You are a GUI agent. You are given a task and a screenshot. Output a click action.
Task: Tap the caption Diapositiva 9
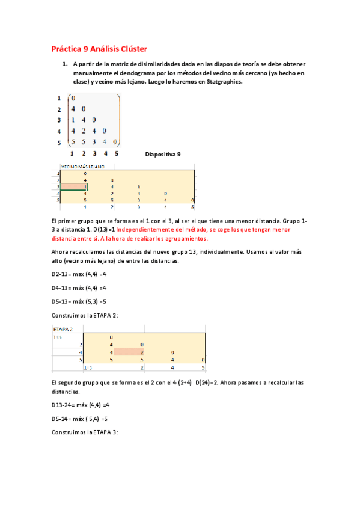tap(163, 154)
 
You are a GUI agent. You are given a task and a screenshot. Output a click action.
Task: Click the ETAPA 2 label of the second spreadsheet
tap(64, 329)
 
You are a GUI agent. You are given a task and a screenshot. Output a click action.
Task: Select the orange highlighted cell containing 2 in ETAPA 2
tap(129, 352)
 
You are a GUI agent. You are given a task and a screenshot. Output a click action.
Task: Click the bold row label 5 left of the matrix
tap(59, 142)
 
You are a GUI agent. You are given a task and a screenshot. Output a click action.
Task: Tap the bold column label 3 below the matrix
tap(94, 154)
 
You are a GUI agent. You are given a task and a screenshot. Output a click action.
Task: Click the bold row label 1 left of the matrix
tap(59, 98)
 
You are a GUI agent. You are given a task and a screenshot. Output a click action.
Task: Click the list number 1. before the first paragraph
tap(64, 63)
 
